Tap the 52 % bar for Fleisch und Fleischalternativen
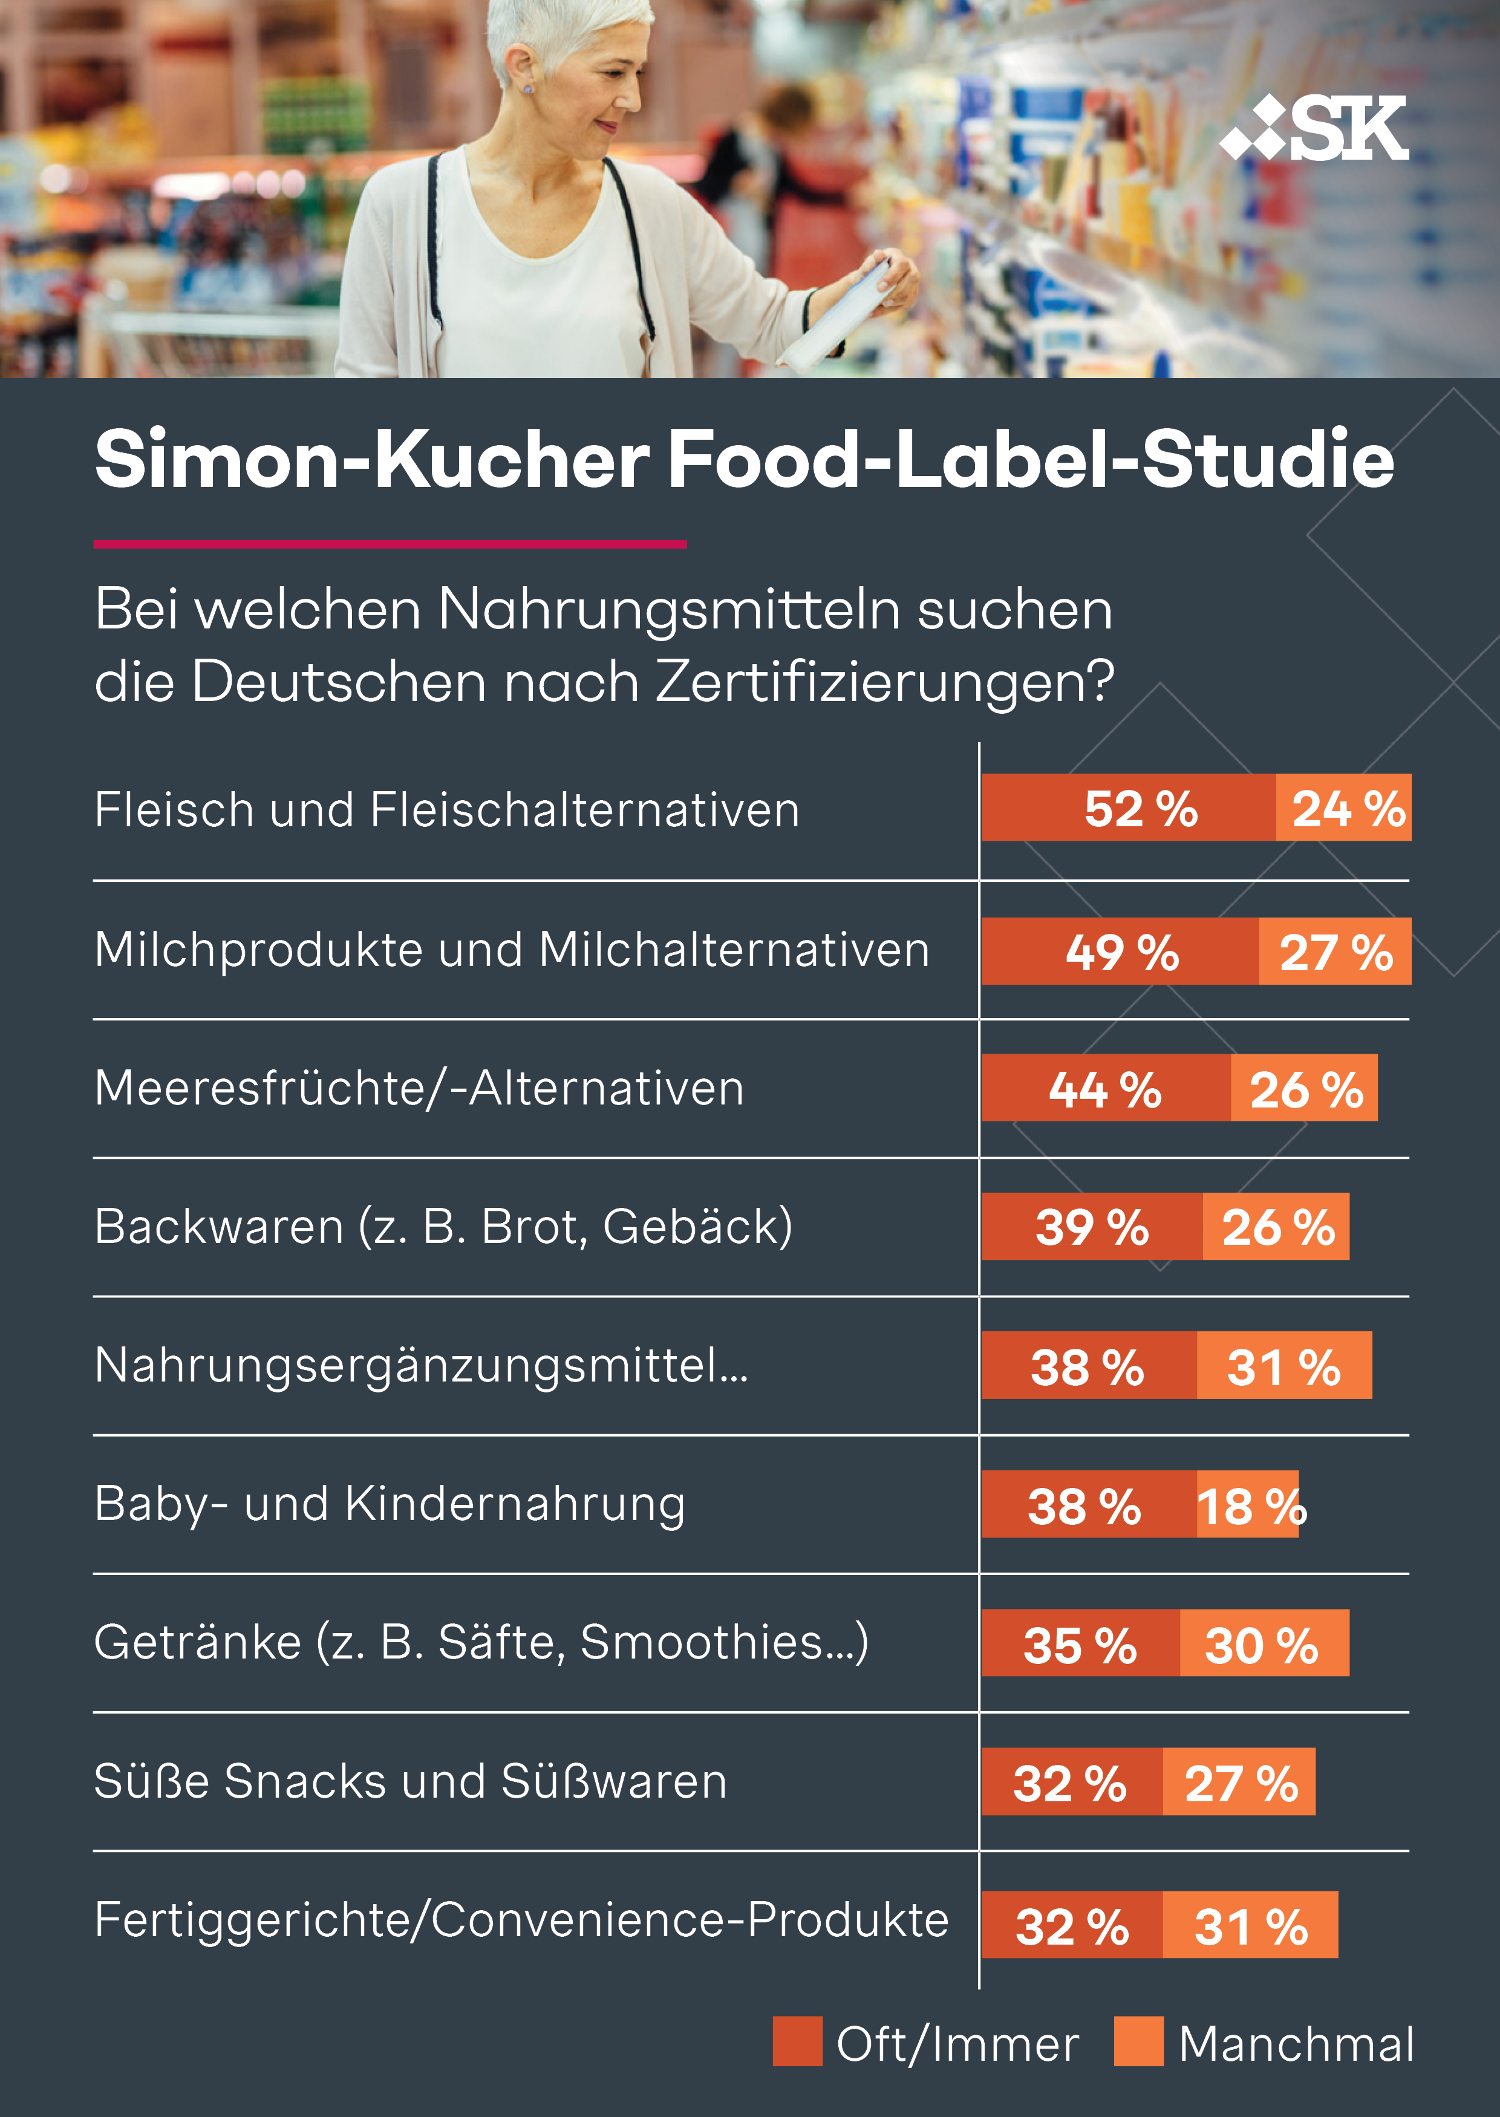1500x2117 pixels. pos(1128,808)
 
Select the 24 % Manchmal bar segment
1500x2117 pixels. pos(1344,808)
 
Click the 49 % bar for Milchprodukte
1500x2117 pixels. pos(1120,951)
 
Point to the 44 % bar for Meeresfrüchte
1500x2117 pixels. pos(1106,1088)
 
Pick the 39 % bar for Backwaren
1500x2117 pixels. pos(1092,1227)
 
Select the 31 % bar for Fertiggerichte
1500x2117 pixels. pos(1250,1925)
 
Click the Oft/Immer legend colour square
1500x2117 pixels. pos(797,2041)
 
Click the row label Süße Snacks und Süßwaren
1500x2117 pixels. pos(410,1781)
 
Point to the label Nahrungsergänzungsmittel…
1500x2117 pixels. pos(421,1365)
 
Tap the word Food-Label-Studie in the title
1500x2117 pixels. pos(1030,459)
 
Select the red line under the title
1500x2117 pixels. pos(390,544)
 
